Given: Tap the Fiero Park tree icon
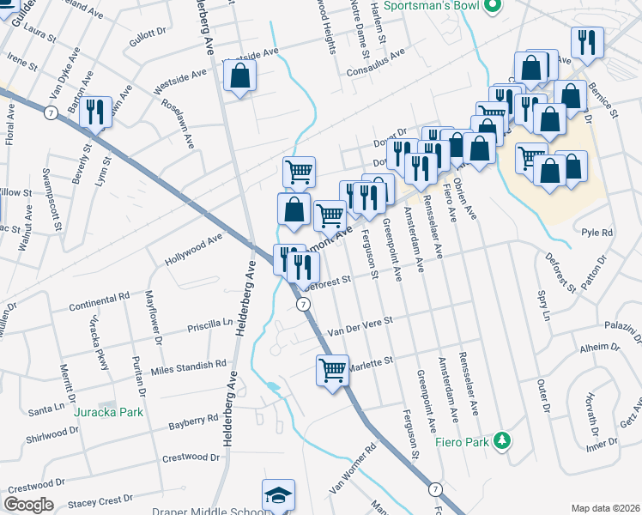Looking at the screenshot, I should pos(503,441).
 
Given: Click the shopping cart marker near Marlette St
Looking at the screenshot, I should pos(332,371).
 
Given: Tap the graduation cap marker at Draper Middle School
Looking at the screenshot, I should pos(278,495).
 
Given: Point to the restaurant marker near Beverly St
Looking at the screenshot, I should pos(96,112).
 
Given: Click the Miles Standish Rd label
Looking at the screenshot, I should pos(188,367).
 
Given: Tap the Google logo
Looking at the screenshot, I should pos(29,505).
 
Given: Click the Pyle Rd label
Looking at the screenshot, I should pos(597,233).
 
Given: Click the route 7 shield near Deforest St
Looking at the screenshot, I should pos(303,305).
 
